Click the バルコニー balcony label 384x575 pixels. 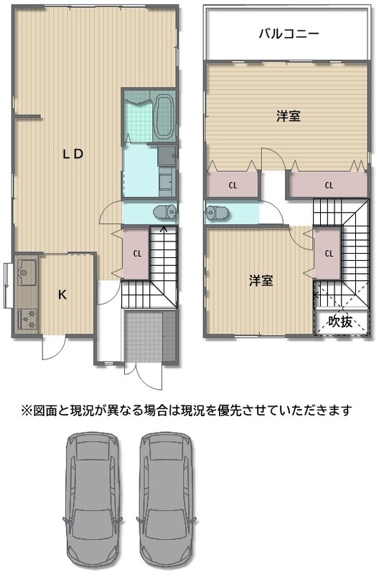[289, 34]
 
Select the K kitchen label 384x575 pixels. [62, 295]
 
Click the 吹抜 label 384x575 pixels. [340, 321]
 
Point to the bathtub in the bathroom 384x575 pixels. [164, 116]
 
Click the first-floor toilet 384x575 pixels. [166, 212]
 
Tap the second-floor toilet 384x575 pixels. [217, 212]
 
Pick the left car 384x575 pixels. [93, 502]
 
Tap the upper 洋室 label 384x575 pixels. [289, 116]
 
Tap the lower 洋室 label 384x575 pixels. [261, 281]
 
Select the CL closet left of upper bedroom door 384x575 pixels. [233, 185]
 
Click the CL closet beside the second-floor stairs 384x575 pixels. [328, 254]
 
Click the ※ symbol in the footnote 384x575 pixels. [27, 409]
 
